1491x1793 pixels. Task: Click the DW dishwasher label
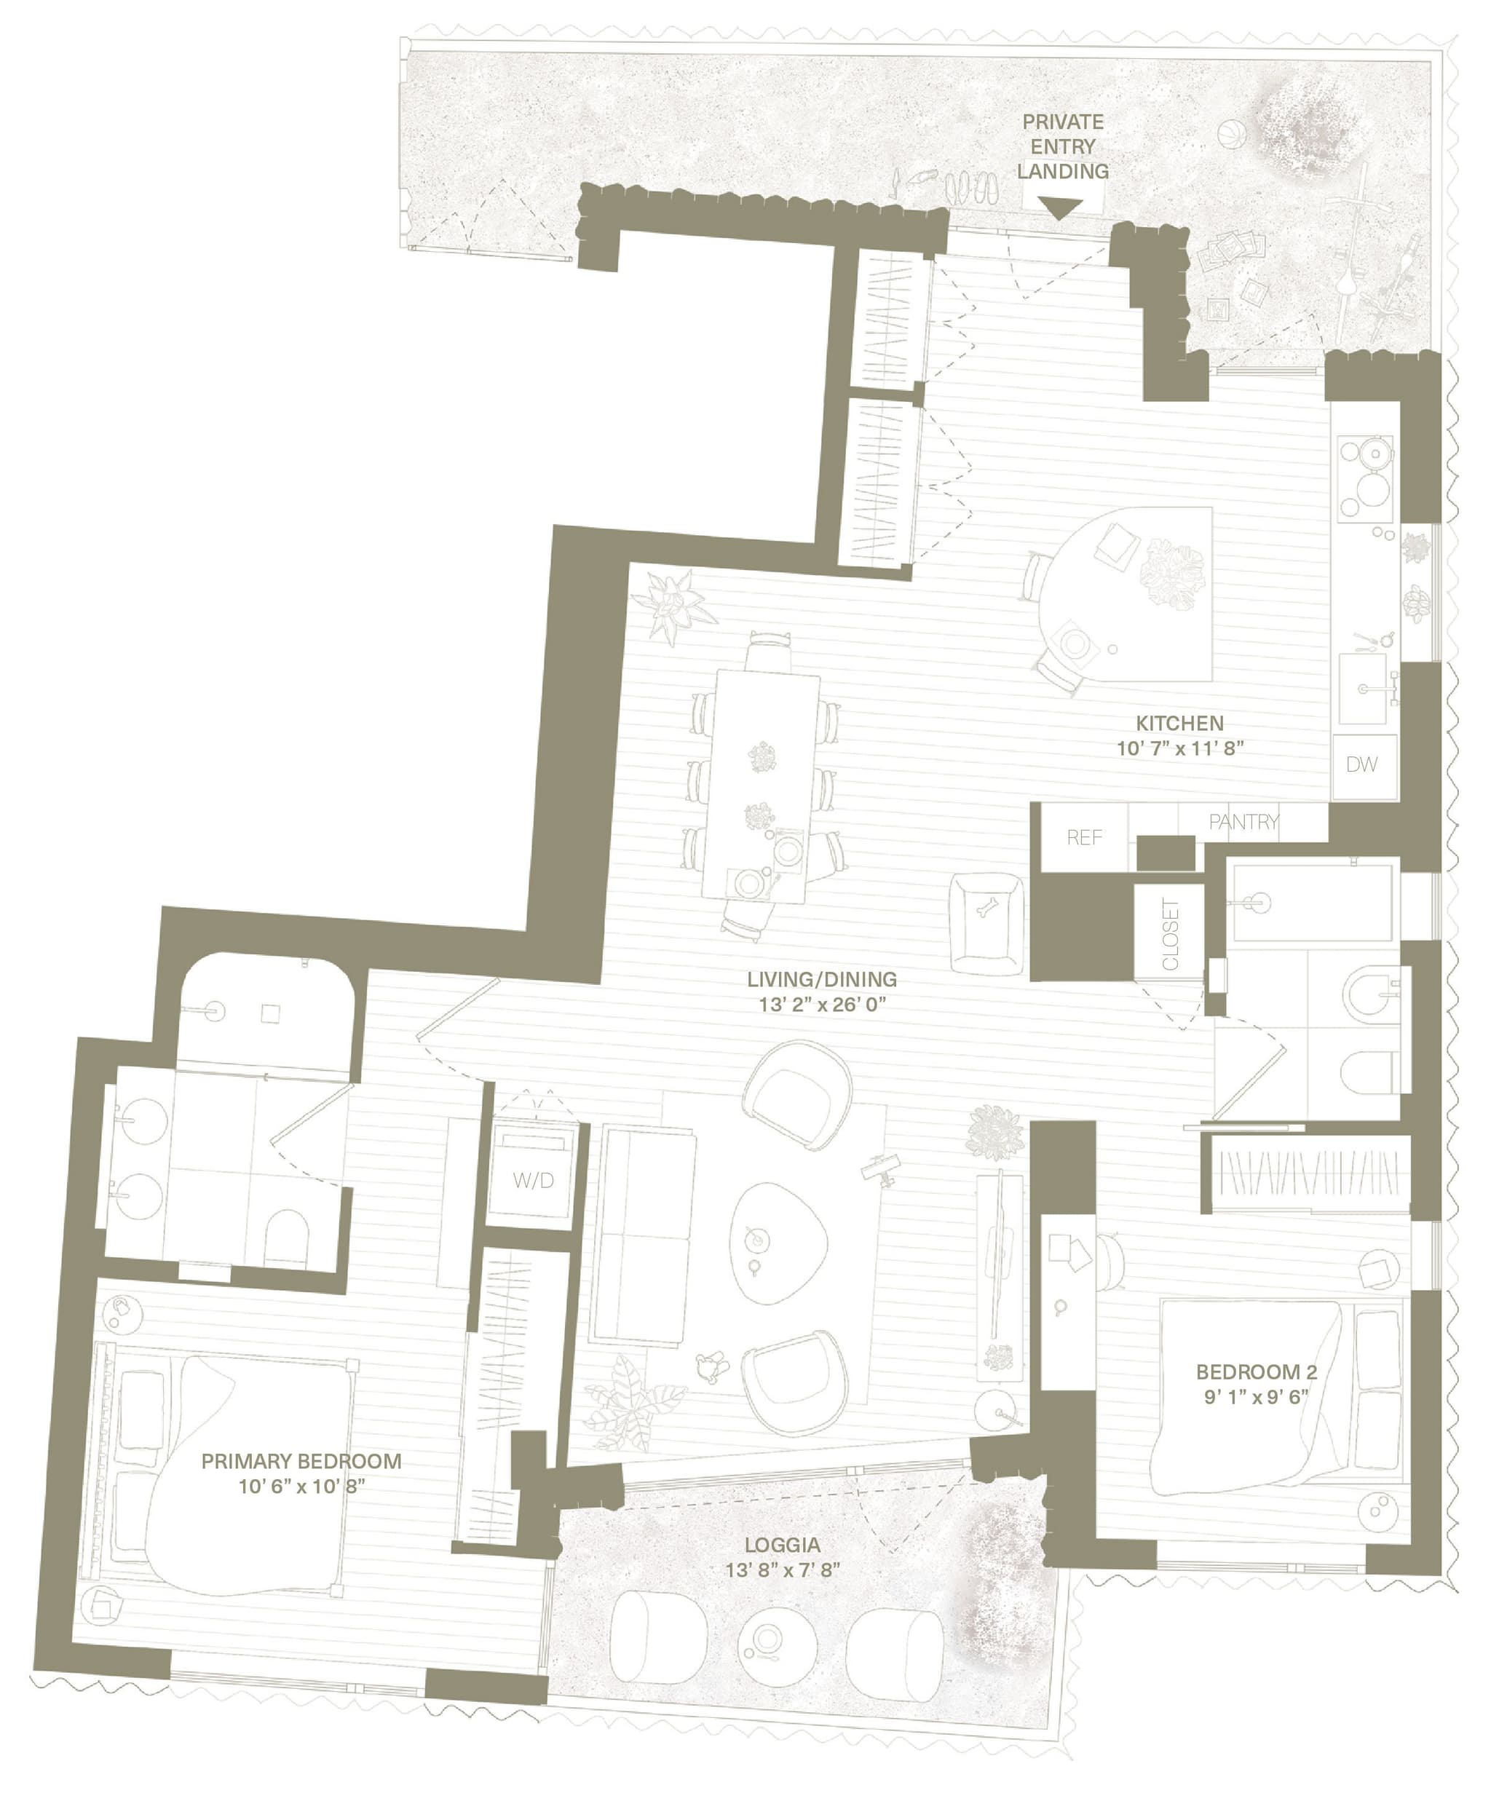coord(1361,764)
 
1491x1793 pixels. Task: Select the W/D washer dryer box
coord(533,1181)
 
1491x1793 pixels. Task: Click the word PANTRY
coord(1243,821)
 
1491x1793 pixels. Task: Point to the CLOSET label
coord(1170,934)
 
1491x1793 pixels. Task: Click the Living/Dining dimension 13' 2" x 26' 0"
coord(821,1005)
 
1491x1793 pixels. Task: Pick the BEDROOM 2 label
coord(1255,1372)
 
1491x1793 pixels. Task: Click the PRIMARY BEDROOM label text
coord(301,1461)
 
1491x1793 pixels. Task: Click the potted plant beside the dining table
coord(679,603)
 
